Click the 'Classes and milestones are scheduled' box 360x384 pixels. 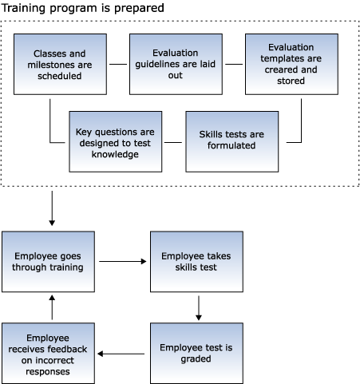click(60, 64)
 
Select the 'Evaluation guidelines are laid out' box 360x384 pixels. click(176, 64)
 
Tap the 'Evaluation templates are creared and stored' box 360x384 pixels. click(291, 64)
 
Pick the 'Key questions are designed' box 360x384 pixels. click(116, 141)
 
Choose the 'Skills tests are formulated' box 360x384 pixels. click(232, 141)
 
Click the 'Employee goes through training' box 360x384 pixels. click(48, 262)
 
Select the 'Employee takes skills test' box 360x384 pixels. click(196, 262)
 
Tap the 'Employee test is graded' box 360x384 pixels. click(196, 353)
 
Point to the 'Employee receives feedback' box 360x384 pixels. click(48, 353)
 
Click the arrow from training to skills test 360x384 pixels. click(123, 262)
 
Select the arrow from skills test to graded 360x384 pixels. click(199, 308)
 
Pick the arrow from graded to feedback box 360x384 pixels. click(121, 354)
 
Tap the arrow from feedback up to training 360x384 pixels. click(52, 307)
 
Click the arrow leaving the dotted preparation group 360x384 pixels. click(52, 208)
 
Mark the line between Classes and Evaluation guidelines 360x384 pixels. click(118, 64)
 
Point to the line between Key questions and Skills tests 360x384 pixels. click(173, 142)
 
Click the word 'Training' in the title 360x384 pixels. click(24, 8)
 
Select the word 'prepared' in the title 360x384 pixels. click(139, 9)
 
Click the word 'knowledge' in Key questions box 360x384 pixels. click(115, 154)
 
